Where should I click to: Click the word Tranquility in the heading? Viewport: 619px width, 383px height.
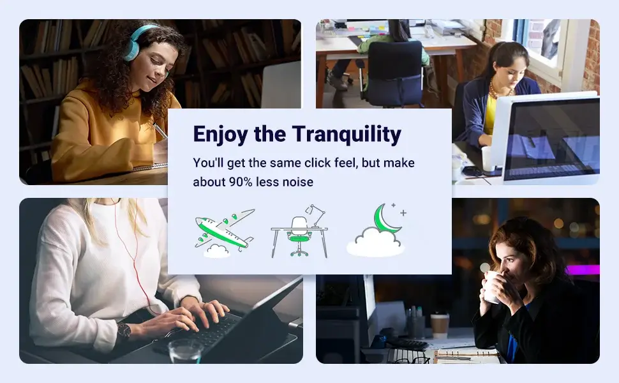[347, 134]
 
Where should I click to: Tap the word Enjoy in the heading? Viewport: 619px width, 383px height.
[220, 135]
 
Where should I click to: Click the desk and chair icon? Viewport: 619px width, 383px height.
[299, 231]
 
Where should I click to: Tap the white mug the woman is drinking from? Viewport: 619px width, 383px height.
[490, 287]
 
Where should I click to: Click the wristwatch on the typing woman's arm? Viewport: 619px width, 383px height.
[124, 332]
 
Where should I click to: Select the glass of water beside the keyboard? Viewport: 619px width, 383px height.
[186, 350]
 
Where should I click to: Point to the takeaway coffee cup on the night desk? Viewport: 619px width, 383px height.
[440, 326]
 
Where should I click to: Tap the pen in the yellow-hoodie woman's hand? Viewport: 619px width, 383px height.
[160, 131]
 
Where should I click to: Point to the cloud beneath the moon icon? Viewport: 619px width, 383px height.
[375, 242]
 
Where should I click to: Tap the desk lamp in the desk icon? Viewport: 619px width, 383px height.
[317, 216]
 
